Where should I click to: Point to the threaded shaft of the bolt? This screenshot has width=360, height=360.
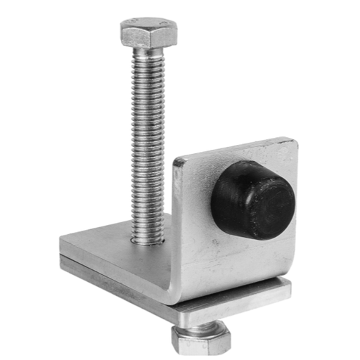[x=148, y=141]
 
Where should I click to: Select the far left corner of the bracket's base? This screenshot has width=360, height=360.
[x=62, y=243]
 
